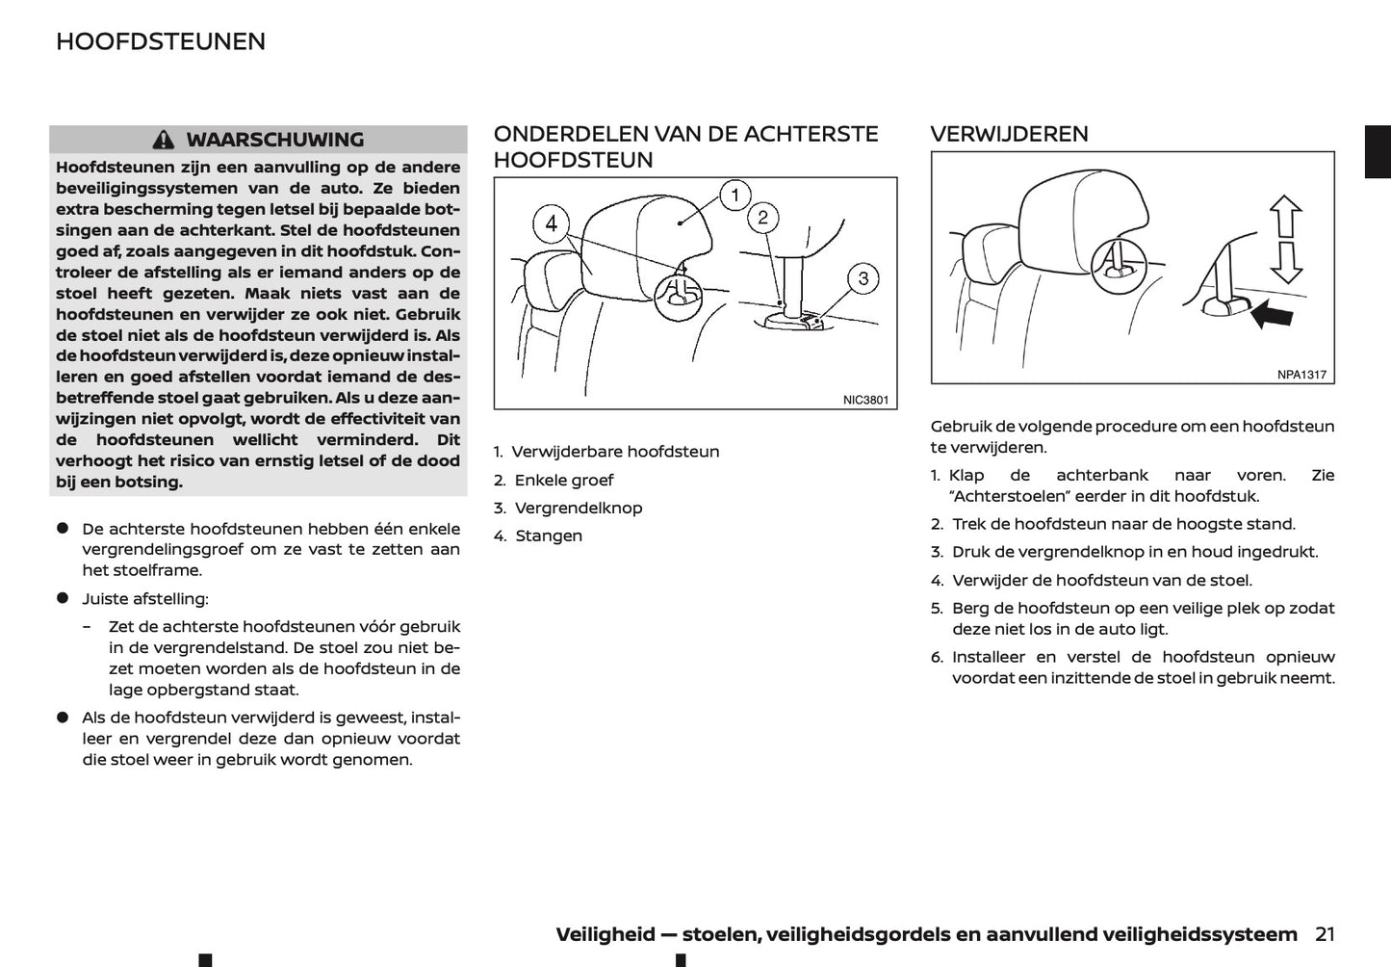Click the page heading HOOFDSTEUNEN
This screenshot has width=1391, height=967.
pos(161,41)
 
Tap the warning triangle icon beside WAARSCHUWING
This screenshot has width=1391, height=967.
pos(165,140)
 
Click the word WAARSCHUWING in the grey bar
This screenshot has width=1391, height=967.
pos(275,140)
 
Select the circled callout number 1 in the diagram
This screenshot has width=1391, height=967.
pos(734,196)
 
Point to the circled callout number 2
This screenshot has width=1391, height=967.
pos(762,218)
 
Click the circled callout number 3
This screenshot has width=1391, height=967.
pos(863,279)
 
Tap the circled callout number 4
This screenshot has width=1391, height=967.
pos(551,224)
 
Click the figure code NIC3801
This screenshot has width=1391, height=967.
pos(865,400)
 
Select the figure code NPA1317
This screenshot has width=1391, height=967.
pos(1301,375)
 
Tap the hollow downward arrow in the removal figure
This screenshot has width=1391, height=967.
pos(1286,261)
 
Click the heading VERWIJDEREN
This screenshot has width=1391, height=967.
pos(1009,134)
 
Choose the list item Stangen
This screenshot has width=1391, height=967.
pos(548,536)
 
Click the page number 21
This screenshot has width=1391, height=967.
pos(1325,934)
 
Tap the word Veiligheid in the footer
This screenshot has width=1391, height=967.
pos(605,934)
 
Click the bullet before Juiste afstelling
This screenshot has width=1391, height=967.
pos(63,598)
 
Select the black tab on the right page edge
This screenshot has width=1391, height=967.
pos(1378,152)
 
